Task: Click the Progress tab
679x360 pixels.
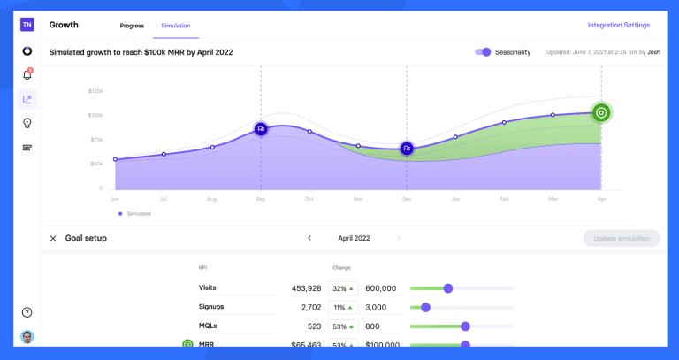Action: click(x=132, y=26)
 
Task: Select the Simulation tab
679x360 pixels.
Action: click(x=175, y=26)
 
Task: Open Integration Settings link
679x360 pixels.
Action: click(x=618, y=25)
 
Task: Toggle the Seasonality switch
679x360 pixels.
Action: click(x=483, y=52)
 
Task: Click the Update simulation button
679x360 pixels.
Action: click(x=622, y=238)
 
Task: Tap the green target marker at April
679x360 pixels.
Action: click(x=601, y=112)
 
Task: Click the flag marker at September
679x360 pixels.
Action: click(x=261, y=129)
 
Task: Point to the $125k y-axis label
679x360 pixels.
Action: click(x=95, y=91)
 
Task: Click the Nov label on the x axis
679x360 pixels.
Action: click(x=358, y=200)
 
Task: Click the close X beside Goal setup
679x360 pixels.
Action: click(x=53, y=238)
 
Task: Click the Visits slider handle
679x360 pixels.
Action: click(x=448, y=288)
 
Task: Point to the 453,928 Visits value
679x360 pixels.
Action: click(x=306, y=288)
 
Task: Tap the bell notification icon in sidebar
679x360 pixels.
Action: click(x=27, y=74)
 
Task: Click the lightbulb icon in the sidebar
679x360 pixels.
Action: click(x=27, y=123)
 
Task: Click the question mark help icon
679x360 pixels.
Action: click(x=27, y=312)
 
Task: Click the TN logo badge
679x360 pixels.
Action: click(x=27, y=25)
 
